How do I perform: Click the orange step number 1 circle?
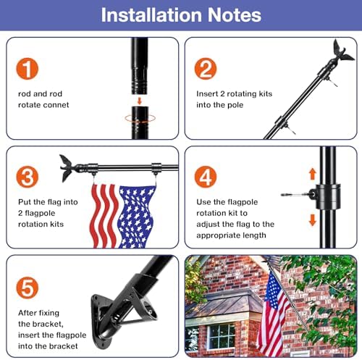[28, 69]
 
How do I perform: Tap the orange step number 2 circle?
[206, 69]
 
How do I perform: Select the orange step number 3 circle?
[28, 177]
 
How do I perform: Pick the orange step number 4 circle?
[206, 177]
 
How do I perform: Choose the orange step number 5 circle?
[28, 288]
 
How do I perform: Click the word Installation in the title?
[151, 15]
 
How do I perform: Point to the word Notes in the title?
[235, 15]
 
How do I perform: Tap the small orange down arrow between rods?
[139, 101]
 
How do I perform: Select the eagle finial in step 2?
[342, 51]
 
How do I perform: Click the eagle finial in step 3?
[67, 168]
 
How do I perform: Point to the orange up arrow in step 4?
[313, 174]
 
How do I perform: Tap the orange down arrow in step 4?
[313, 219]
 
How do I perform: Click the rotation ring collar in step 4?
[328, 196]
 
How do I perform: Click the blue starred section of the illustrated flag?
[135, 217]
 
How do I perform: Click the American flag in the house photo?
[273, 314]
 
